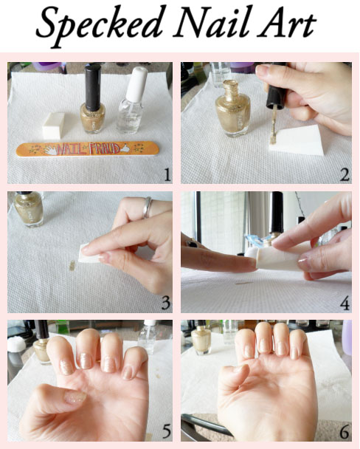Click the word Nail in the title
(x=212, y=21)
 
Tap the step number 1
(x=167, y=175)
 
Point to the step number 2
(x=345, y=175)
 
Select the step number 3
(x=167, y=302)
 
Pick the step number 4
(x=345, y=303)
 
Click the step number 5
(x=167, y=431)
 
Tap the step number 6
(x=345, y=432)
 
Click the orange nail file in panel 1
(x=88, y=149)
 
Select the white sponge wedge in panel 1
(x=53, y=126)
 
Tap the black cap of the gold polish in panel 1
(x=93, y=87)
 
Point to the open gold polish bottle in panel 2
(x=233, y=109)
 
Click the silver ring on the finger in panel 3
(x=147, y=208)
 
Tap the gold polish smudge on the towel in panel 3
(x=72, y=265)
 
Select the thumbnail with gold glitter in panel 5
(x=75, y=397)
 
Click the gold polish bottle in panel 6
(x=201, y=340)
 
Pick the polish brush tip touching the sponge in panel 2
(x=273, y=137)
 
